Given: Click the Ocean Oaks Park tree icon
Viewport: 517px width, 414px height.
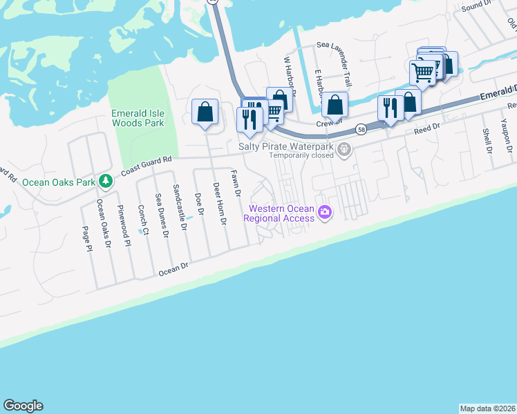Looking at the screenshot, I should pyautogui.click(x=105, y=181).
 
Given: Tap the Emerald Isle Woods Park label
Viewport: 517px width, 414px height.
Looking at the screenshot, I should pyautogui.click(x=138, y=118).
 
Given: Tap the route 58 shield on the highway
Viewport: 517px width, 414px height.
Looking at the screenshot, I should pyautogui.click(x=361, y=129).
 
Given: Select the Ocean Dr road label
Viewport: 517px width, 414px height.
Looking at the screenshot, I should pyautogui.click(x=173, y=268).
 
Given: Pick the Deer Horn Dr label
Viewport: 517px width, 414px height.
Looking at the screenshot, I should pyautogui.click(x=219, y=204).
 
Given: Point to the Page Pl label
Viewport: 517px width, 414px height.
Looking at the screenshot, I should pyautogui.click(x=87, y=239).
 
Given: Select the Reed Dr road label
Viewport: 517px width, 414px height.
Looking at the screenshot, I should pyautogui.click(x=426, y=128).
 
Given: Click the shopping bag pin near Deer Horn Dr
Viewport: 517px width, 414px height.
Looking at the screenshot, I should pyautogui.click(x=205, y=112).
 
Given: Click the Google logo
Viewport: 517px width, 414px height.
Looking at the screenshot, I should pyautogui.click(x=23, y=406).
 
